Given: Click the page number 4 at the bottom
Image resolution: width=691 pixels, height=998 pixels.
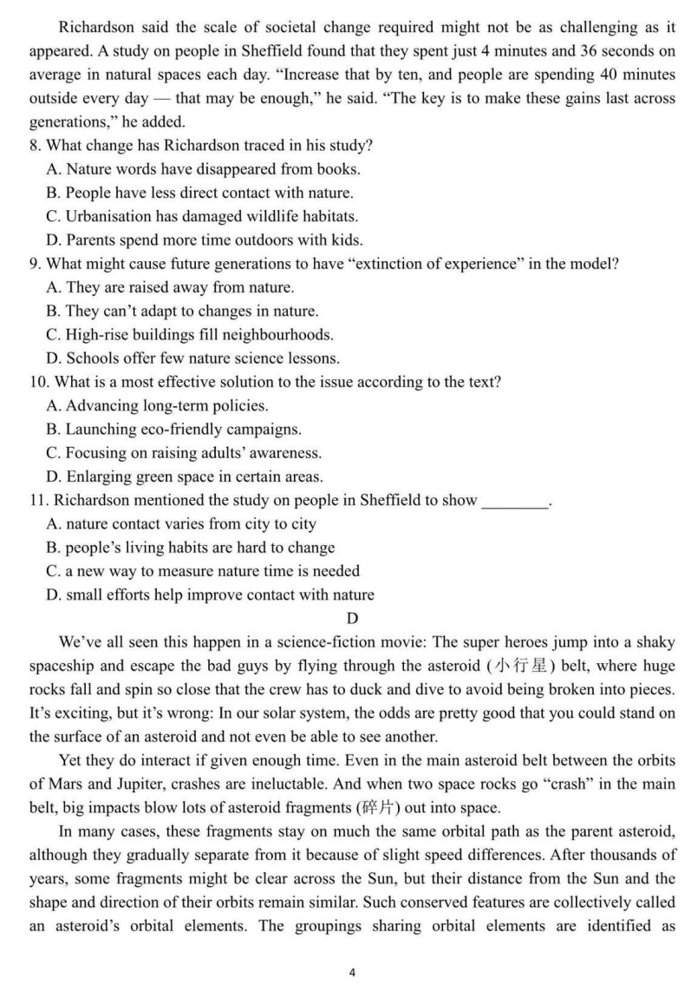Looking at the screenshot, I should coord(351,972).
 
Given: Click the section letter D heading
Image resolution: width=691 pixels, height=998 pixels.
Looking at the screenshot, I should coord(351,618).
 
